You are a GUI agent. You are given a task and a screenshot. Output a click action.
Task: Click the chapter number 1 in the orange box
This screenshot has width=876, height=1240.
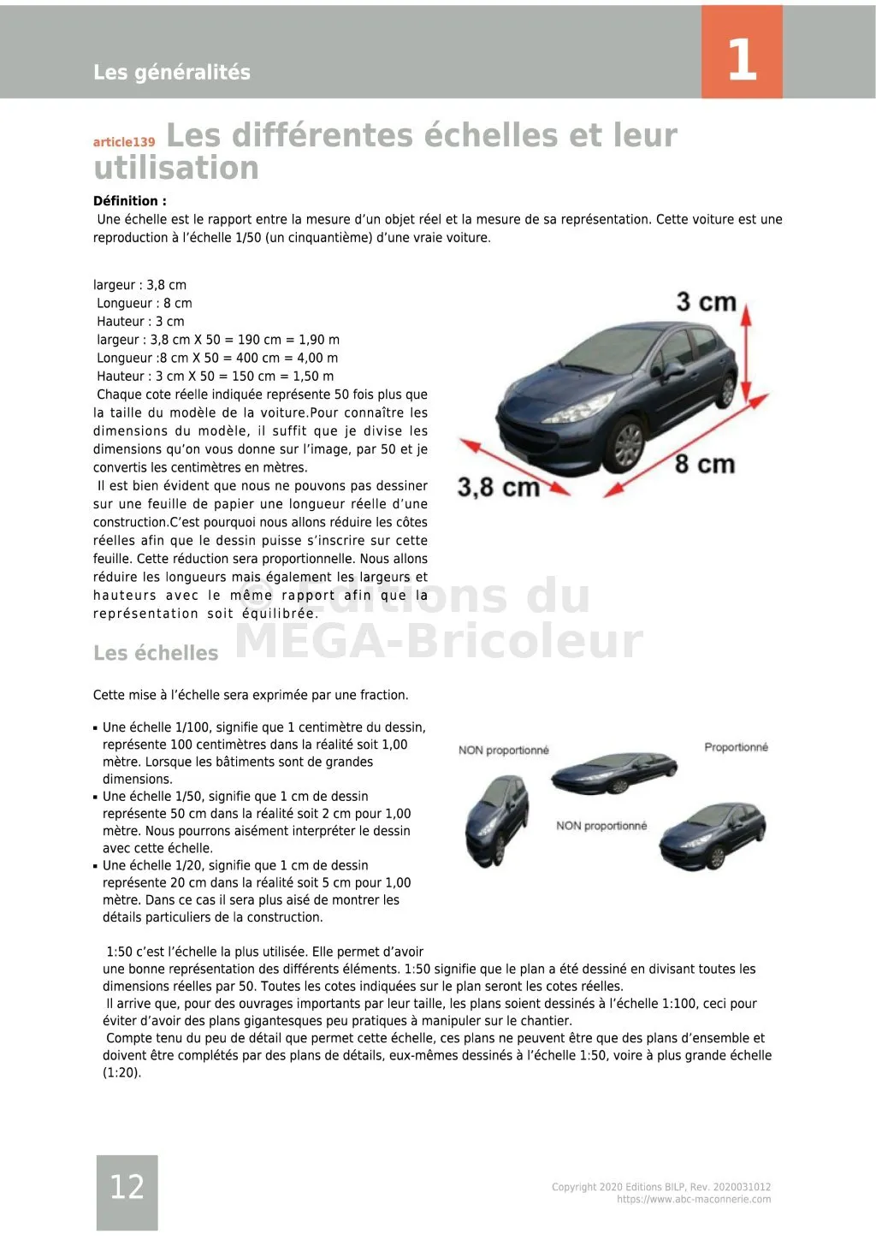pos(742,59)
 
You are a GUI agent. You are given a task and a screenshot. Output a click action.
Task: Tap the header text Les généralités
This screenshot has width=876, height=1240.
pos(171,72)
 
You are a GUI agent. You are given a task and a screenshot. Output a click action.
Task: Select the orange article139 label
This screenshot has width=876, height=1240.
pos(124,142)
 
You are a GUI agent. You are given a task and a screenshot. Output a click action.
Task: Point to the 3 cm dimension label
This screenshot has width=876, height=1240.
pos(705,302)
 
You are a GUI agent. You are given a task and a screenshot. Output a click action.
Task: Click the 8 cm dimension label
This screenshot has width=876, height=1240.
pos(704,464)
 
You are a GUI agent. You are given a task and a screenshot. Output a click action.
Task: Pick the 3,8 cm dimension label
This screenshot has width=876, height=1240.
pos(498,487)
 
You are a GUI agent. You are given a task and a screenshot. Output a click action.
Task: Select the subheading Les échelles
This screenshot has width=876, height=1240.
pos(156,653)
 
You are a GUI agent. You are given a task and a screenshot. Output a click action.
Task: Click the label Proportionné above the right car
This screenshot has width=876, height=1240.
pos(736,747)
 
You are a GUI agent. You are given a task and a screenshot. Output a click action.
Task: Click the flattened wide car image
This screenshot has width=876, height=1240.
pos(601,772)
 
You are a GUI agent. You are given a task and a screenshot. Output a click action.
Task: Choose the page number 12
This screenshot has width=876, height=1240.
pos(127,1186)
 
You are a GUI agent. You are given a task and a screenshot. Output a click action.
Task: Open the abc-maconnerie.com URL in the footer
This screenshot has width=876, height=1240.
pos(694,1200)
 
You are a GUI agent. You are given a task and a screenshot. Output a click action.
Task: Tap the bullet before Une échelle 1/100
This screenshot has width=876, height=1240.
pos(96,728)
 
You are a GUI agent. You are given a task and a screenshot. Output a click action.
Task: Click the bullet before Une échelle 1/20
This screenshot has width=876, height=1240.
pos(96,866)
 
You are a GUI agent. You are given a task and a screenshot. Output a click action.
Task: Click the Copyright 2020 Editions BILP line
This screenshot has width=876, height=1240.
pos(660,1187)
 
